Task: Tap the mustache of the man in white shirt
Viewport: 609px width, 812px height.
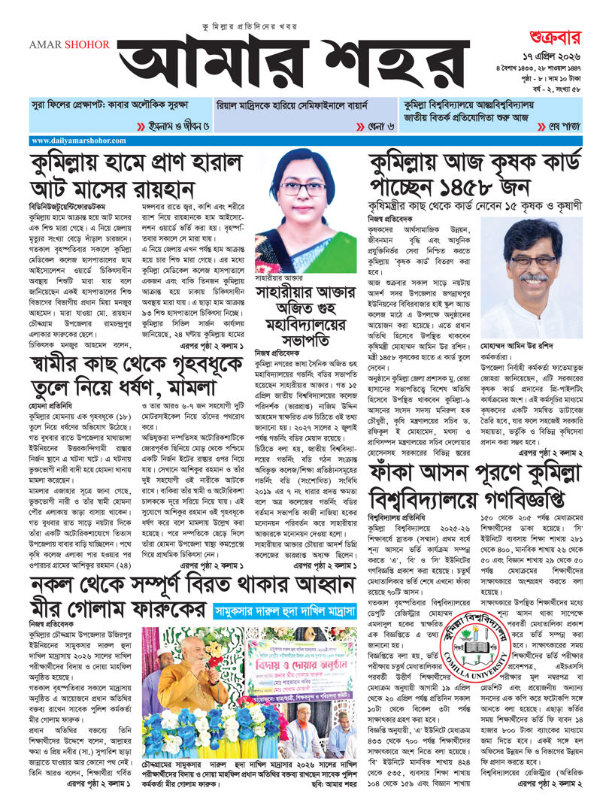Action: [x=534, y=277]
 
